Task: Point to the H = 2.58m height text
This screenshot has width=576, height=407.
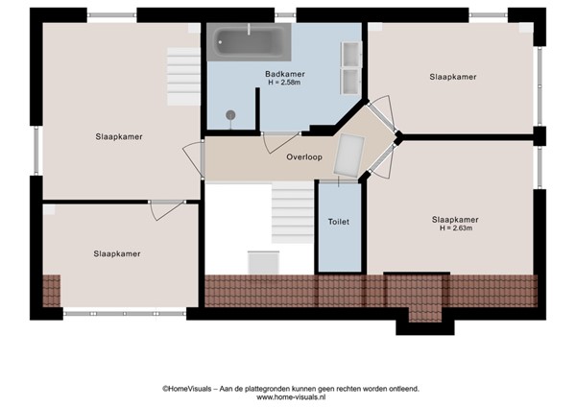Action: pos(285,84)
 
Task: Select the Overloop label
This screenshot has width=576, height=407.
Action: pos(303,158)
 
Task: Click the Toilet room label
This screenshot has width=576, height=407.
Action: pos(339,222)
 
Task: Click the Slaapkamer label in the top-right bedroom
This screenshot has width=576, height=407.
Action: pos(453,77)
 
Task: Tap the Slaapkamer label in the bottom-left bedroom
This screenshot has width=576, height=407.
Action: pos(117,254)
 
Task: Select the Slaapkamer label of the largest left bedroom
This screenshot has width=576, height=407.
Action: pos(119,137)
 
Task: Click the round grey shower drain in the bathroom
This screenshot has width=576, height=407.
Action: pos(230,115)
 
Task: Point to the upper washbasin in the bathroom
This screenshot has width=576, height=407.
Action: pos(349,52)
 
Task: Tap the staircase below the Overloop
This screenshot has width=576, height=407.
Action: pos(290,213)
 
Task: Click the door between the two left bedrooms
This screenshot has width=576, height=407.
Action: pos(167,208)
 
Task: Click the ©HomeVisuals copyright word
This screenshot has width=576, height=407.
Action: pos(188,388)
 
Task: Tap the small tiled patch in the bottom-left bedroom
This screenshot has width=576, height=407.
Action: pos(51,289)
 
